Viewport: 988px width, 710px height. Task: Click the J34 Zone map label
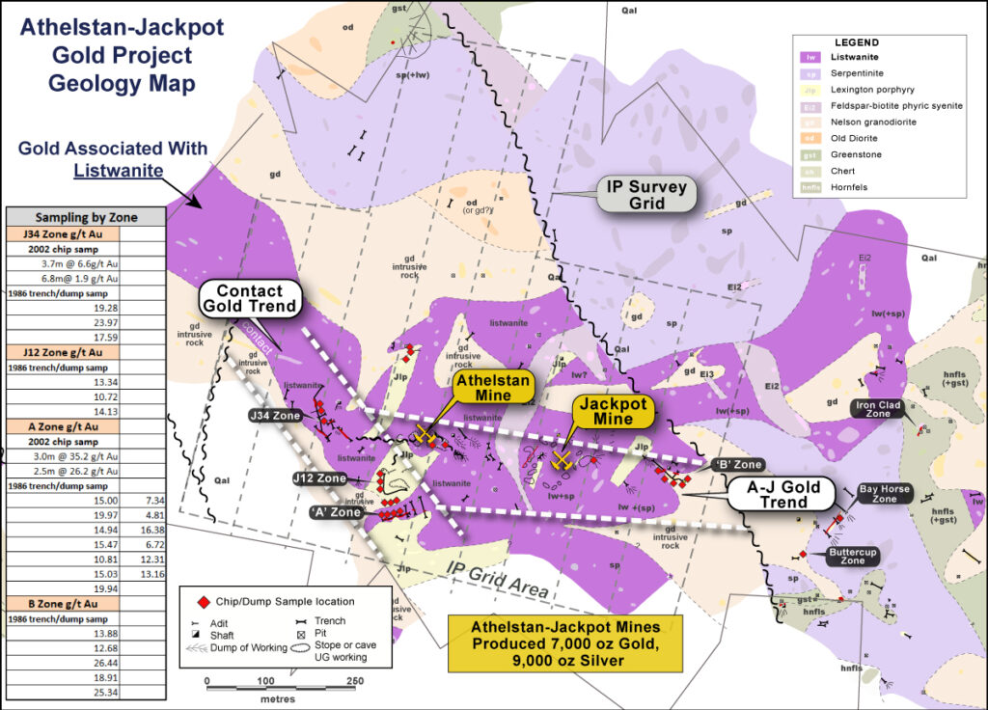pos(276,415)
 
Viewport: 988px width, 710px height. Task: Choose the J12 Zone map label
pos(319,478)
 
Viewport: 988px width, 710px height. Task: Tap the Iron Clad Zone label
pos(876,410)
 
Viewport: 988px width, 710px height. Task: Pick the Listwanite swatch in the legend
pos(811,58)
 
